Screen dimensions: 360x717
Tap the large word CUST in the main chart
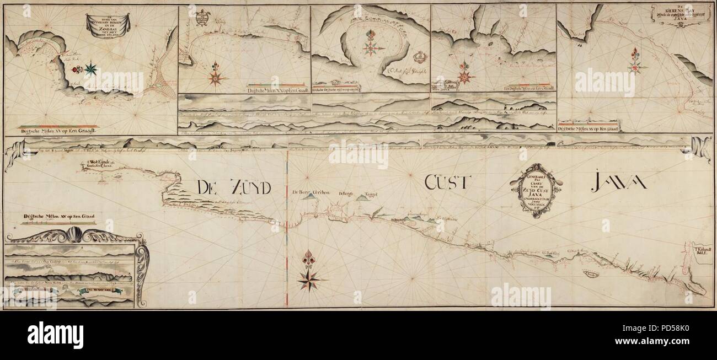pyautogui.click(x=445, y=182)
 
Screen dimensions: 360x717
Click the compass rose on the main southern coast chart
pyautogui.click(x=309, y=273)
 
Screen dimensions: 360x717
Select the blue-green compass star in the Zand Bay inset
pyautogui.click(x=90, y=69)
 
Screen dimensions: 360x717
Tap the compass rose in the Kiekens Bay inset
pyautogui.click(x=635, y=65)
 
